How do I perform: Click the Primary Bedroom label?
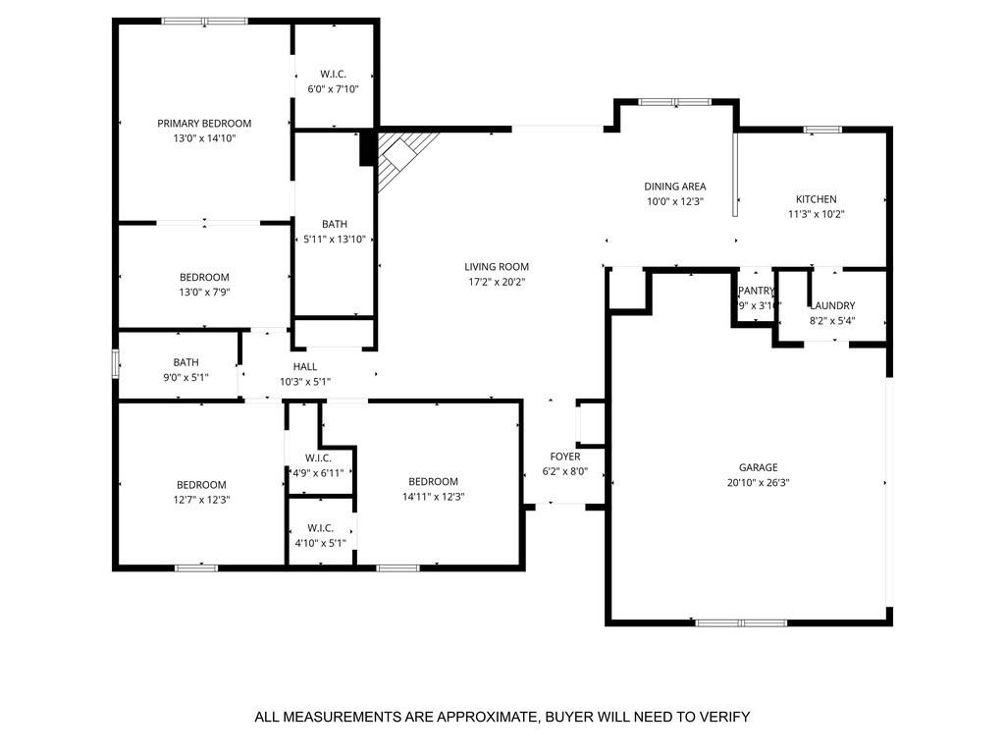coord(204,124)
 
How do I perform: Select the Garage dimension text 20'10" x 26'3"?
coord(758,483)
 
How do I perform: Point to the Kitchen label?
coord(816,199)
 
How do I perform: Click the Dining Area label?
coord(674,187)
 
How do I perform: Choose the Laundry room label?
coord(832,305)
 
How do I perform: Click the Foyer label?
coord(564,457)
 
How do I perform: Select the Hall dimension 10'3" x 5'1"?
coord(304,382)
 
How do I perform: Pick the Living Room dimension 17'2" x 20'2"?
coord(497,282)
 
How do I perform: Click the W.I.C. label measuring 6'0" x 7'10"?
coord(333,75)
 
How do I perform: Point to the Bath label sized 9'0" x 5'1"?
coord(185,362)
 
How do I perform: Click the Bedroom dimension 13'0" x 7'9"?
coord(204,292)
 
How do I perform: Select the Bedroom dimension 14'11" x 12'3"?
coord(433,497)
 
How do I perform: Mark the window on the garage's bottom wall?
coord(741,622)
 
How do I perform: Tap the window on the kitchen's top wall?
coord(821,129)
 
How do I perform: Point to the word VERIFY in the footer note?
coord(719,717)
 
